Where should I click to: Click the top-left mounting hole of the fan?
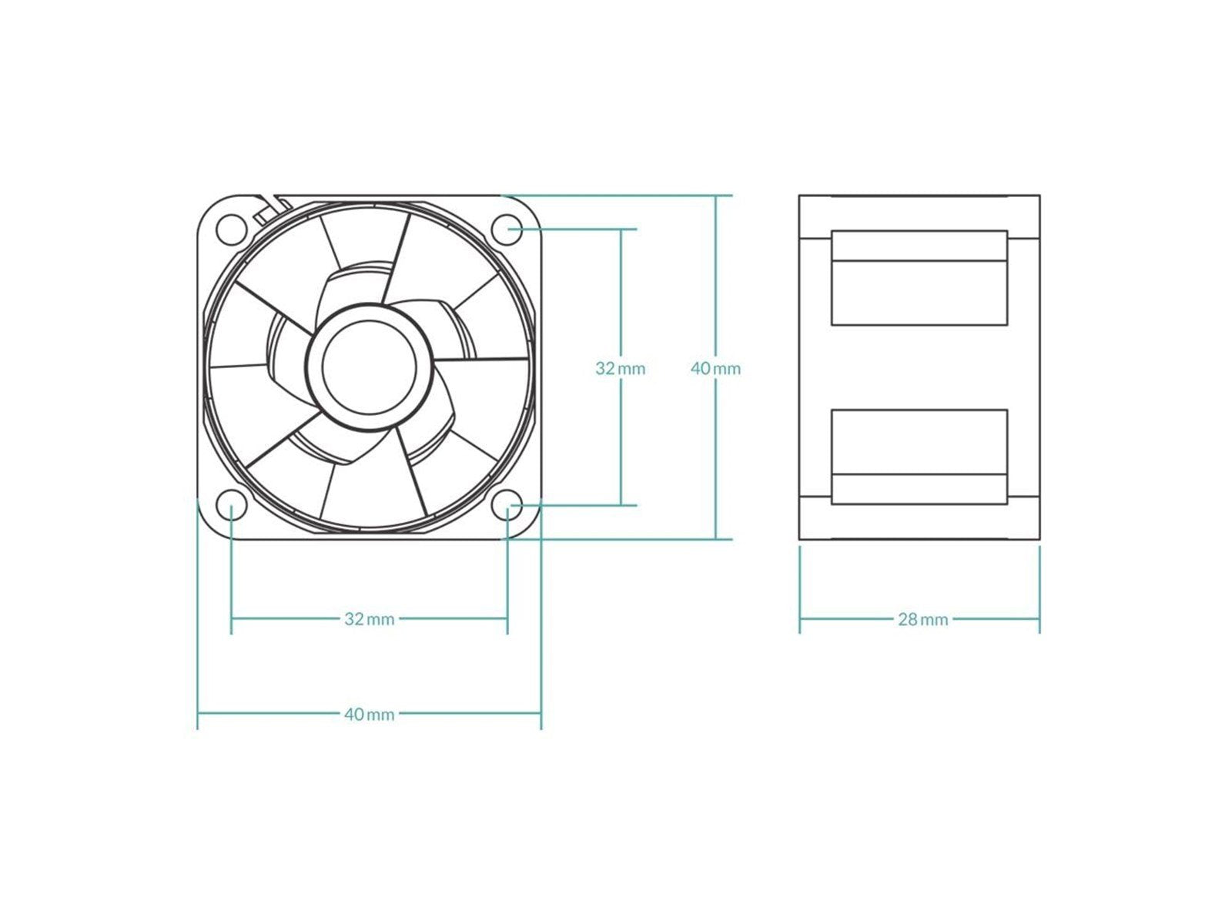tap(230, 228)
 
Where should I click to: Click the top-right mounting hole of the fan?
tap(507, 228)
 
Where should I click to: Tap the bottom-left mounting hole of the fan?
tap(230, 506)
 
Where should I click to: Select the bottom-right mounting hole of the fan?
tap(507, 506)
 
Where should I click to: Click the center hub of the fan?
tap(369, 367)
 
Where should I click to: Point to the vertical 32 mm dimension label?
tap(620, 368)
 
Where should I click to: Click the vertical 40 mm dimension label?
tap(715, 368)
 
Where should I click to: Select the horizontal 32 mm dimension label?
tap(369, 618)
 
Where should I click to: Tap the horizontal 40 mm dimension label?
tap(369, 714)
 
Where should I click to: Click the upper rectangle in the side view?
tap(919, 277)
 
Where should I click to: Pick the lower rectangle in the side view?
tap(919, 457)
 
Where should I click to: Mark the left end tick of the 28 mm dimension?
tap(800, 618)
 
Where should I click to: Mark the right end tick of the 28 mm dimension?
tap(1039, 618)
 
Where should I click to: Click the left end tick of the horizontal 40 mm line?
tap(198, 714)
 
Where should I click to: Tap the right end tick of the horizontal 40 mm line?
tap(541, 714)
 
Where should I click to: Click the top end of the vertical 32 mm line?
tap(620, 229)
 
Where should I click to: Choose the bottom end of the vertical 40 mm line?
tap(715, 538)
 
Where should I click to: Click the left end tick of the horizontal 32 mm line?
tap(231, 618)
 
